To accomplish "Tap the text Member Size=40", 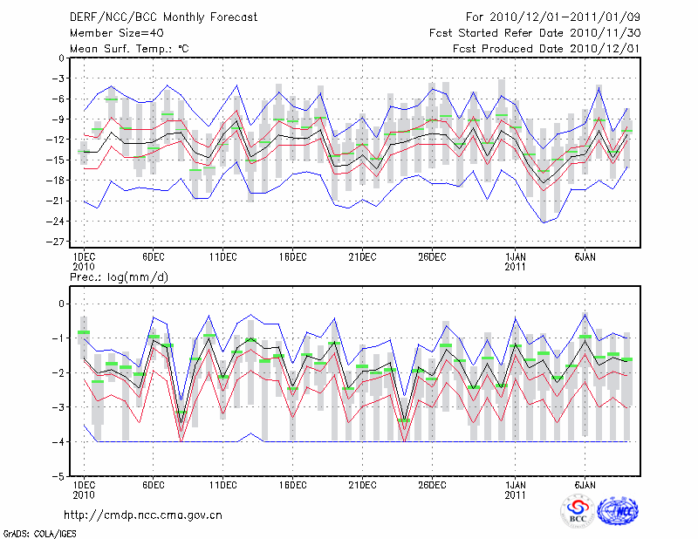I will click(111, 32).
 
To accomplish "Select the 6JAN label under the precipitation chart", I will click(585, 484).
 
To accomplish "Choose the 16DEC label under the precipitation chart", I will click(292, 484).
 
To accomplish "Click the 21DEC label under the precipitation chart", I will click(362, 484).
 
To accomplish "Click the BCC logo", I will click(577, 512).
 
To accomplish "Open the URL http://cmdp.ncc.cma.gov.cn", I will click(144, 515).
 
